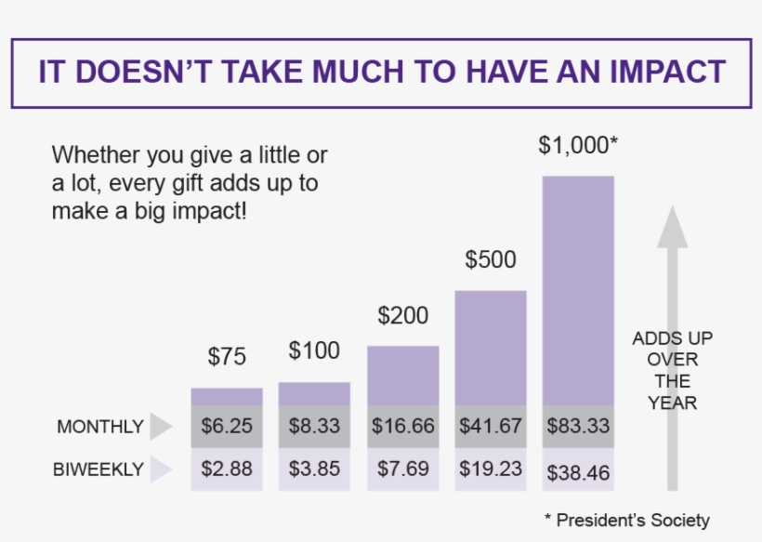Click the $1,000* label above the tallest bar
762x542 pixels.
point(578,145)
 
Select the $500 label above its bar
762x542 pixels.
point(490,259)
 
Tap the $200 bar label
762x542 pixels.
point(402,316)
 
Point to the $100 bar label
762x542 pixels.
point(314,351)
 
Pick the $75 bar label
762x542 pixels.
point(227,356)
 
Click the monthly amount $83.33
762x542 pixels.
point(578,426)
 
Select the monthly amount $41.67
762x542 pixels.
point(491,426)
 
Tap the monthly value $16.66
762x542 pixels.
point(403,426)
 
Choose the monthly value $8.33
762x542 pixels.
point(314,426)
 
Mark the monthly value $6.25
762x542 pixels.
point(227,426)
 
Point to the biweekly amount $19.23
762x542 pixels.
point(491,469)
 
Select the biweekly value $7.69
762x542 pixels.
point(403,469)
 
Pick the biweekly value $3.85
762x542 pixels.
point(314,469)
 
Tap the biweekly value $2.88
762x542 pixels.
point(227,469)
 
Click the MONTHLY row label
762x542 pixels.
point(100,427)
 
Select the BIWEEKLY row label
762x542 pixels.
point(99,469)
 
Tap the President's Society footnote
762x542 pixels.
point(626,520)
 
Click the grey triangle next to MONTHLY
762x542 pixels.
point(161,427)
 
